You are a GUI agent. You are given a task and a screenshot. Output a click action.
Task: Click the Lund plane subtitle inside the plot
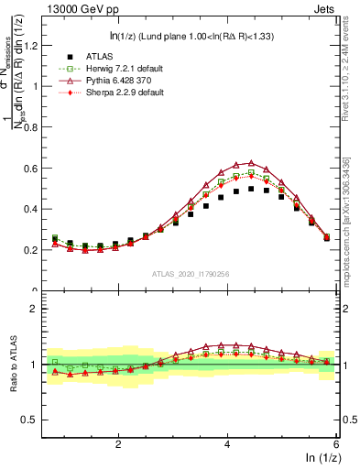(x=190, y=36)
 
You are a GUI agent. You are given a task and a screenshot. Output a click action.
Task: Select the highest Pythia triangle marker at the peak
(x=251, y=163)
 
